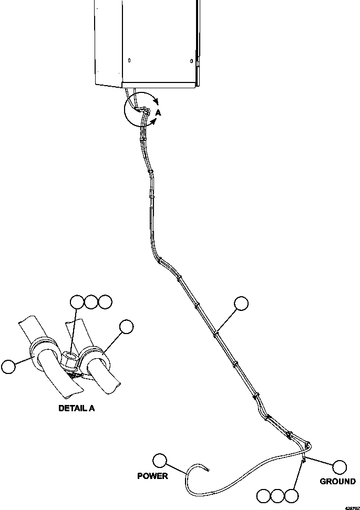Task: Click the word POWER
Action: pos(152,476)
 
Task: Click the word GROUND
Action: pos(337,481)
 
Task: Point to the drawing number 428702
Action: pos(351,507)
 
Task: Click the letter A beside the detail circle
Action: pos(158,112)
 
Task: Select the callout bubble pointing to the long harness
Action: pos(241,304)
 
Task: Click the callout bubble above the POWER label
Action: pos(159,461)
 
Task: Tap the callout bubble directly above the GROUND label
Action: pos(340,466)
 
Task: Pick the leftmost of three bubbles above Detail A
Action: pos(77,302)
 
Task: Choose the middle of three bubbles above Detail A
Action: pos(91,302)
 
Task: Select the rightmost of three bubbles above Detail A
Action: pos(105,302)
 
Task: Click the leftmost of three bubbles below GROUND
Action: pos(264,495)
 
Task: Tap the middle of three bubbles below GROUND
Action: pos(277,495)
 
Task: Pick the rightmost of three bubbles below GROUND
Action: pos(291,495)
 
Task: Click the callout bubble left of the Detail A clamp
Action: pos(9,366)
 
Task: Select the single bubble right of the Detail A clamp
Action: pos(126,327)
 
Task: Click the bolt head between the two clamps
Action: pos(69,360)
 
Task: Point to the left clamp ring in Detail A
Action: pos(41,353)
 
